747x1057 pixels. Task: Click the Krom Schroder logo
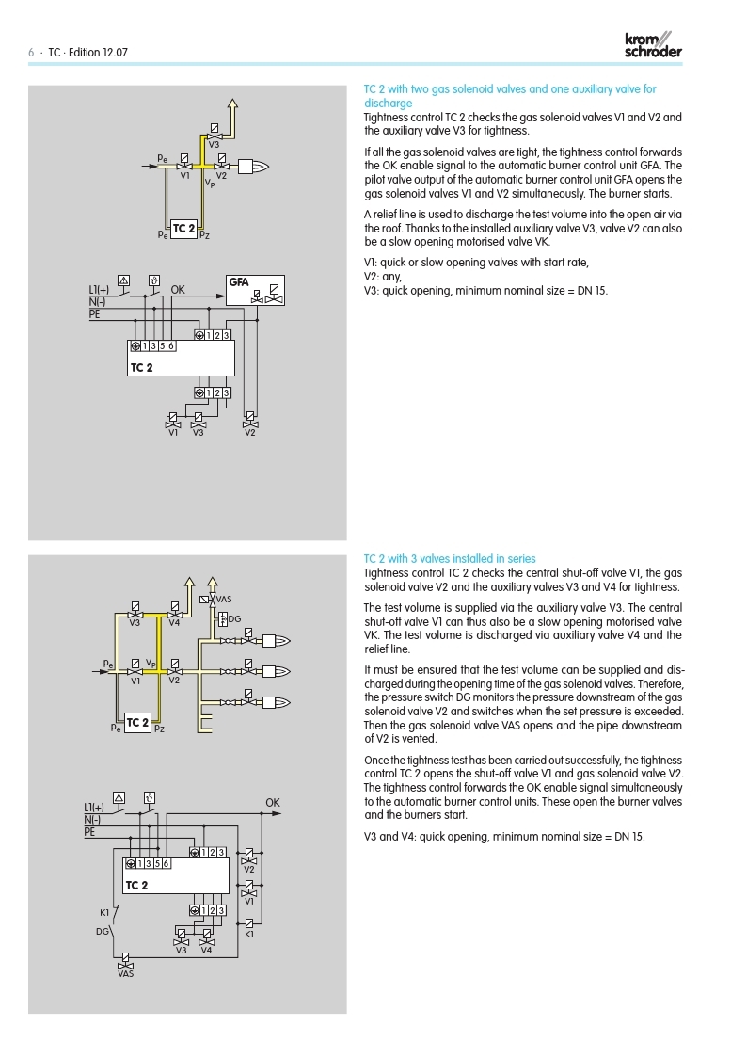coord(653,45)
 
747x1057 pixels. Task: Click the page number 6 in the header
coord(31,53)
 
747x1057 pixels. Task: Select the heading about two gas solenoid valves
coord(510,96)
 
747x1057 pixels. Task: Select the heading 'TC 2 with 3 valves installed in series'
coord(450,559)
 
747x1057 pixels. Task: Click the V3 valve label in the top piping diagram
coord(214,145)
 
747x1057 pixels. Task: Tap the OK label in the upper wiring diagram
coord(178,290)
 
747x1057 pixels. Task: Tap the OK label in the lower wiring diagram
coord(273,803)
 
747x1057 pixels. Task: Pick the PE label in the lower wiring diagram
coord(89,832)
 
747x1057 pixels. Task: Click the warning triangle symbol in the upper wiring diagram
coord(123,280)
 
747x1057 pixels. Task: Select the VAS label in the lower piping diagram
coord(224,599)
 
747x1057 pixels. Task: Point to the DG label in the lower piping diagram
coord(234,618)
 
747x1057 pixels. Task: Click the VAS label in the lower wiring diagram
coord(125,974)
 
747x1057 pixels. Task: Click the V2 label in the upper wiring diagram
coord(250,432)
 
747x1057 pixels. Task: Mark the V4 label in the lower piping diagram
coord(174,623)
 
